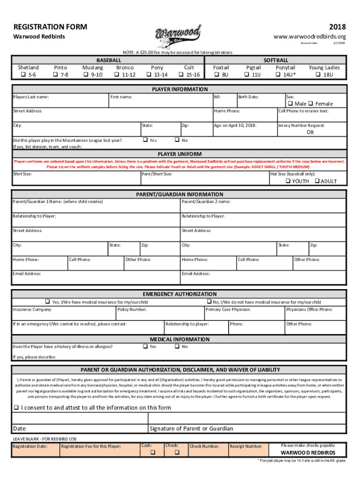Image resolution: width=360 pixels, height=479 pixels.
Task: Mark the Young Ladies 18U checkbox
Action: tap(319, 75)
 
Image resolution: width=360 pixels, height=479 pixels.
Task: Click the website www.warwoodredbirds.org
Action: tap(310, 36)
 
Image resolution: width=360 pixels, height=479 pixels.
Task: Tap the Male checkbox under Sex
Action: tap(290, 104)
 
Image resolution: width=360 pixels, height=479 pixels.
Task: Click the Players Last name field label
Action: tap(31, 97)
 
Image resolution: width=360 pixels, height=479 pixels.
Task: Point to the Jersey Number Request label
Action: tap(301, 125)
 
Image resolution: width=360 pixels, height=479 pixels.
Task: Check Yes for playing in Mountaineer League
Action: tap(145, 140)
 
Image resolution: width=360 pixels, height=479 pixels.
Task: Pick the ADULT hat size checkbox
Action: tap(317, 181)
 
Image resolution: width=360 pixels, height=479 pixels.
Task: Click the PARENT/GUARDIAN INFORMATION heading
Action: tap(180, 194)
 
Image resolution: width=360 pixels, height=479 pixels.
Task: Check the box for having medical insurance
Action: tap(47, 302)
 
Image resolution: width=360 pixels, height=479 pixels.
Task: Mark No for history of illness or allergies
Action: tap(177, 347)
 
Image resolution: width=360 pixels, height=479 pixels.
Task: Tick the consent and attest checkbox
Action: tap(16, 407)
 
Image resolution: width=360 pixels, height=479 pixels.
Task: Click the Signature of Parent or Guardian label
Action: tap(191, 428)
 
